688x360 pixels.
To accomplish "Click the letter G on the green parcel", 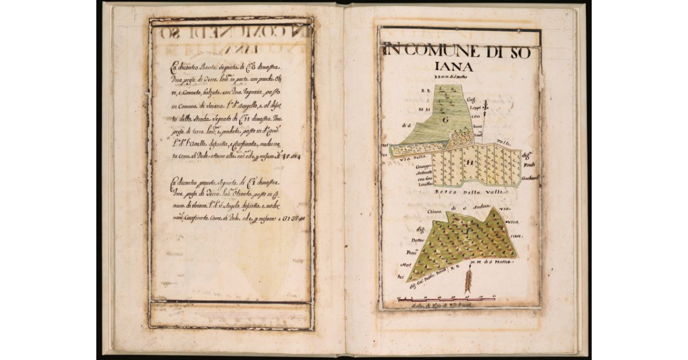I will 445,120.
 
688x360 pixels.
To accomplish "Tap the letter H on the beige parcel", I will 470,163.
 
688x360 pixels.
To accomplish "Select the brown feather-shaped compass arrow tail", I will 468,281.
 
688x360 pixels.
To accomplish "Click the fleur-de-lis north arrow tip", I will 485,105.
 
